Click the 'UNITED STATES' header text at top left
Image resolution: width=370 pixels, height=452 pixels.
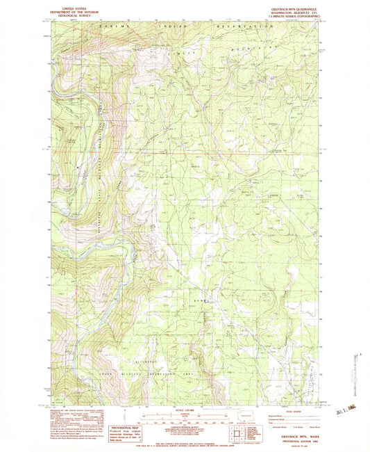[70, 5]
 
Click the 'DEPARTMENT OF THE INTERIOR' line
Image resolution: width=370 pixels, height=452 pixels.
[70, 8]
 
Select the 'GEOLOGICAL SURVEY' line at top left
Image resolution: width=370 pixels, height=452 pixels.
[70, 13]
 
